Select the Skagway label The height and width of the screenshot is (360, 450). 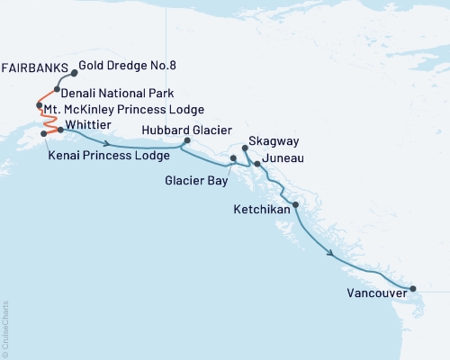[x=277, y=142]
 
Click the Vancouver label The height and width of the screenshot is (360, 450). [x=374, y=292]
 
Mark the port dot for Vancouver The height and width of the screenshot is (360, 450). [x=413, y=289]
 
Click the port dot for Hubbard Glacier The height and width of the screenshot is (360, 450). [x=187, y=140]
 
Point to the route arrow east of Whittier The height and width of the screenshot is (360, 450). [x=108, y=143]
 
